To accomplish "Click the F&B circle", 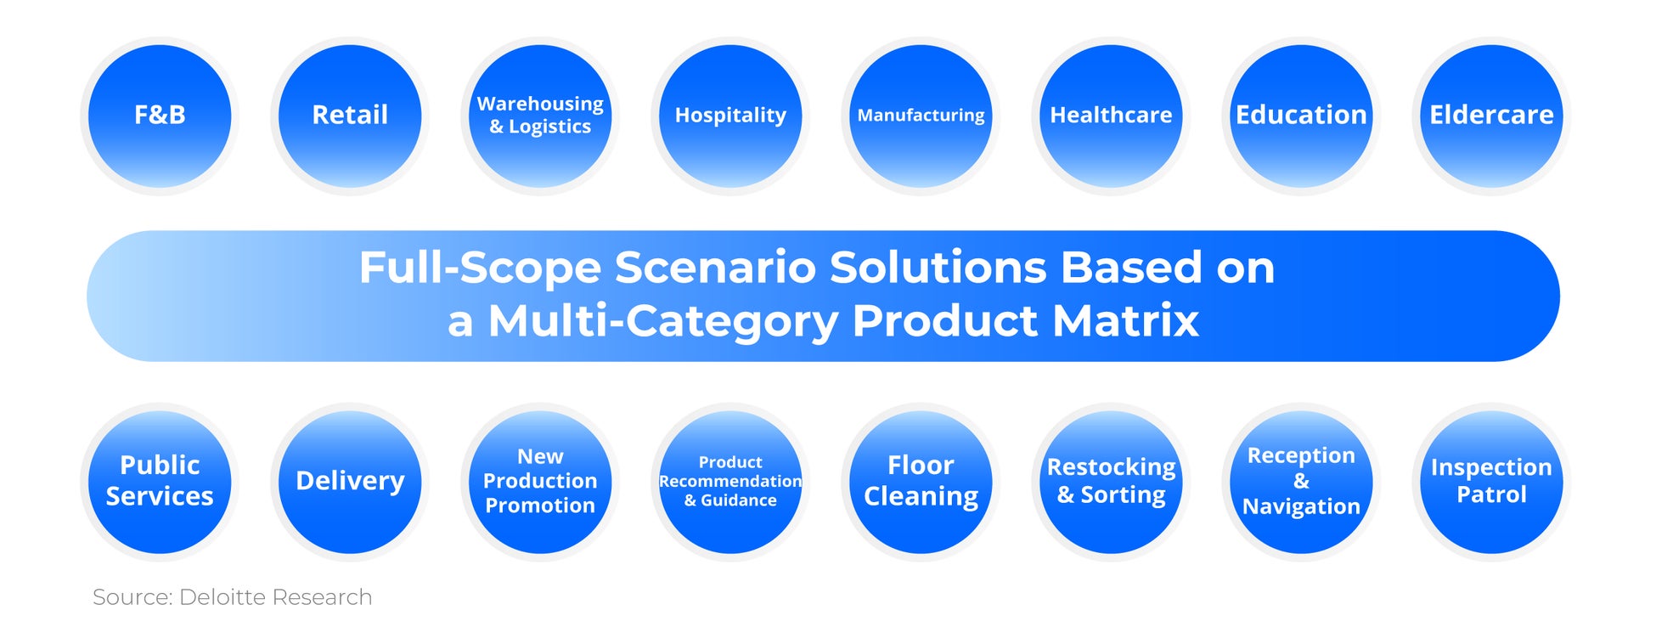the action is pos(160,116).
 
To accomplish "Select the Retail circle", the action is pos(350,116).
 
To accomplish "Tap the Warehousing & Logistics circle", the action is pos(540,116).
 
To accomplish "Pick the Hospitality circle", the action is pos(730,116).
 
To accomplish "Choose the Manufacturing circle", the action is pos(921,116).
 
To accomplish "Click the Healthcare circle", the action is pos(1111,116).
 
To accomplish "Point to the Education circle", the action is pos(1301,116).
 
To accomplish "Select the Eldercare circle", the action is pos(1491,116).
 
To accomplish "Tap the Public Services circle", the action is pos(160,482).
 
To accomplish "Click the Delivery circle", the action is pos(350,482).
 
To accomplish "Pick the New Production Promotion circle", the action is pos(540,482).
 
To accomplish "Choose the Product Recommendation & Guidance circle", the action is pos(730,482).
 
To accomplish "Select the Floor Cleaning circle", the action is pos(921,482).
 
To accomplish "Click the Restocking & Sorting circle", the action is pos(1111,482).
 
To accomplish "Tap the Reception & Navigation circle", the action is pos(1301,482).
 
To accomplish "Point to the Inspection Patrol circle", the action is pos(1491,482).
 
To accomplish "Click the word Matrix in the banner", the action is pos(1125,321).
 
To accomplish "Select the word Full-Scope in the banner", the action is pos(480,268).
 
